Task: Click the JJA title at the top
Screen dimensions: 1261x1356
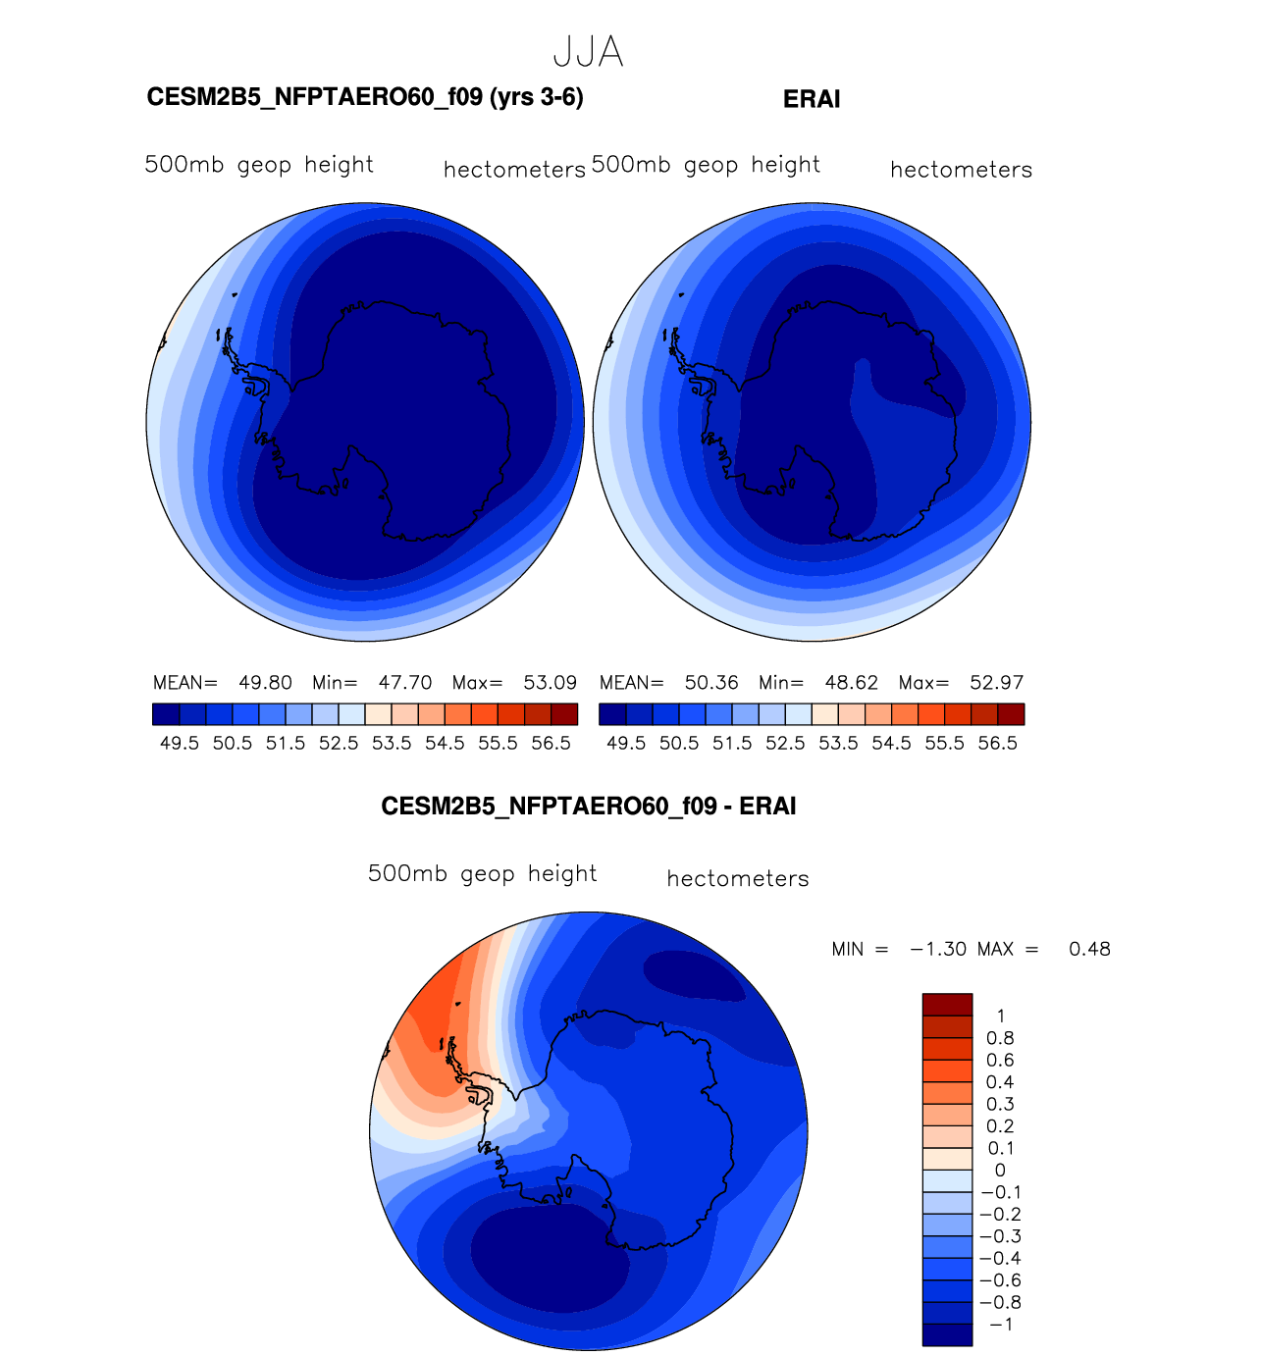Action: click(588, 52)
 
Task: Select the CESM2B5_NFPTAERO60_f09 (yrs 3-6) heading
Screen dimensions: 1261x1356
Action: click(365, 98)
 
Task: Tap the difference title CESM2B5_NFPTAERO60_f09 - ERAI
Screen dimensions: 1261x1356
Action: click(588, 807)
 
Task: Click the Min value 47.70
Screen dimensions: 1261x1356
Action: click(405, 682)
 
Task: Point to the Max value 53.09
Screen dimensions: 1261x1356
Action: click(550, 682)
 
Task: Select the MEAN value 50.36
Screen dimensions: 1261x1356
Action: click(711, 682)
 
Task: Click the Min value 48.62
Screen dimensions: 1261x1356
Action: click(851, 682)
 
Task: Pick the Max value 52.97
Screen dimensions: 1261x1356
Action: click(996, 682)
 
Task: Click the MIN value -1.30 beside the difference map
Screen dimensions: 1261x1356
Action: click(938, 949)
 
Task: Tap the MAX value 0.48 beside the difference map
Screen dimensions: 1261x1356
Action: click(1089, 949)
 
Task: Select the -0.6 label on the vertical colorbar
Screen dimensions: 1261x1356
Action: click(1000, 1280)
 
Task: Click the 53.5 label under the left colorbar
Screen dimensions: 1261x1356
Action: click(392, 743)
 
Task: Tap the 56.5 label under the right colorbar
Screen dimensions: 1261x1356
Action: click(997, 743)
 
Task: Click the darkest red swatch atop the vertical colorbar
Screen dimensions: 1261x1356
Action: click(947, 1005)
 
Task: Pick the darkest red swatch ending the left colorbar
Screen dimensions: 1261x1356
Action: click(564, 713)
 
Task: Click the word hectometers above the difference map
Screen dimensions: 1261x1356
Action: click(738, 878)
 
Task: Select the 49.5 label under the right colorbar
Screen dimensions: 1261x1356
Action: click(626, 743)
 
